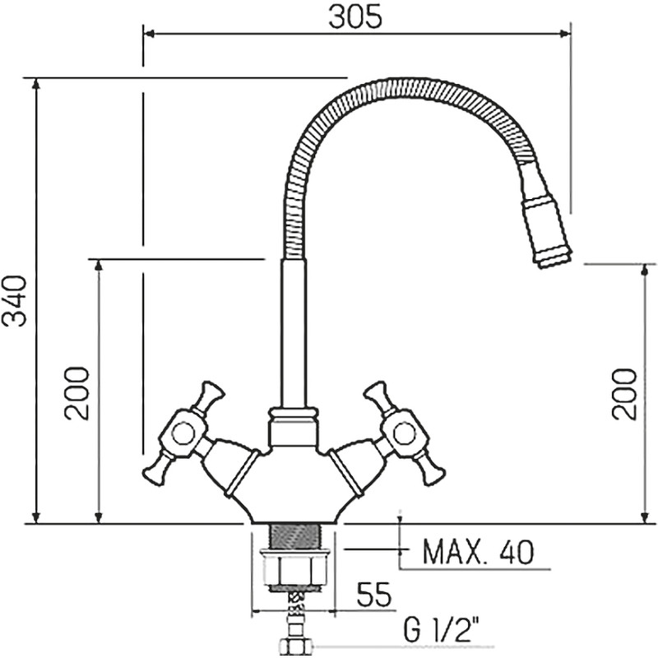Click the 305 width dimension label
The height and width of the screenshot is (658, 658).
click(x=355, y=17)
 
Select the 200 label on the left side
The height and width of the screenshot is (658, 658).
click(x=76, y=394)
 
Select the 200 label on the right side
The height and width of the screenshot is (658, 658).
click(x=624, y=393)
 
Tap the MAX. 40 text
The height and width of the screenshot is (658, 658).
click(x=479, y=552)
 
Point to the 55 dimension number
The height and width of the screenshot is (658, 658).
click(x=373, y=594)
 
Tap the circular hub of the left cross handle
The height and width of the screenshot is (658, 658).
click(x=183, y=433)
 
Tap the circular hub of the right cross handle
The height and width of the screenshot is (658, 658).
click(x=403, y=433)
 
